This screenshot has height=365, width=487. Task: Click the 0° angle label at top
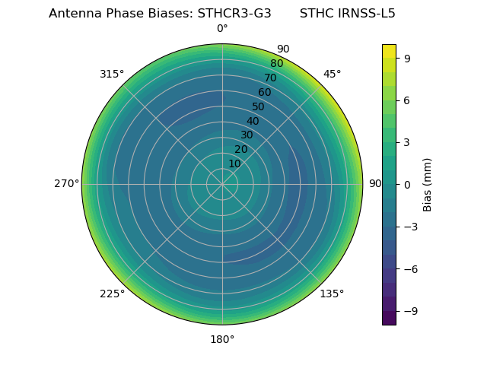click(x=222, y=29)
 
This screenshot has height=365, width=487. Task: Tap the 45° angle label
click(x=332, y=74)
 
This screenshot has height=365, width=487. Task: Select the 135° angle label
click(x=332, y=294)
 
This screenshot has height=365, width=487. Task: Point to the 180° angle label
click(x=222, y=339)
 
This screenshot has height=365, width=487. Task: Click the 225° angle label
click(x=112, y=294)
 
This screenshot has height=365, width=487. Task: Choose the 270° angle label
click(x=66, y=184)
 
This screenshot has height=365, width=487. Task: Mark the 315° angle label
click(x=112, y=74)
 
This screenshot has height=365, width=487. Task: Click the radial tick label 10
click(x=234, y=163)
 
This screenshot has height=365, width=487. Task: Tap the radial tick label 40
click(x=253, y=121)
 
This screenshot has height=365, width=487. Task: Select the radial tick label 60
click(x=265, y=92)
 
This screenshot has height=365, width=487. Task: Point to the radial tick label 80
click(x=277, y=63)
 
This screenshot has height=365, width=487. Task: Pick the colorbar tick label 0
click(x=408, y=184)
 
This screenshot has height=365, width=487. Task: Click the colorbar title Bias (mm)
click(x=428, y=184)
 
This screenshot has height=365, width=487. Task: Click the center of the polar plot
click(x=222, y=184)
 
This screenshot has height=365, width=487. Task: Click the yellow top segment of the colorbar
click(x=389, y=50)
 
